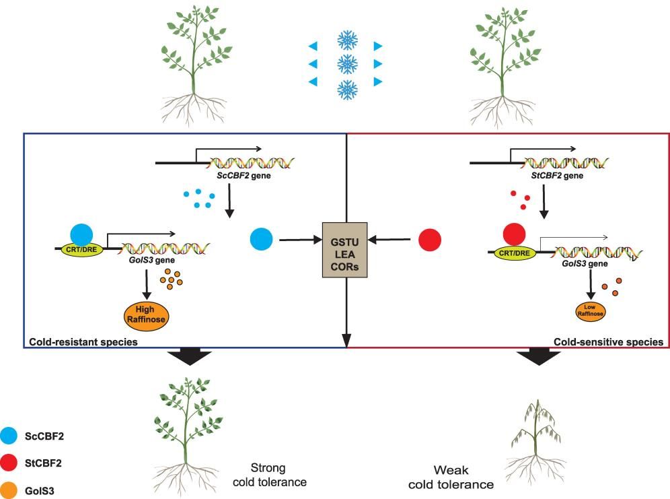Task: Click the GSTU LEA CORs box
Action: [346, 248]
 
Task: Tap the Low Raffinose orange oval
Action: [589, 310]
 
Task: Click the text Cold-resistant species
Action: [83, 342]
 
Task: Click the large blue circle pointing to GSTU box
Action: [261, 238]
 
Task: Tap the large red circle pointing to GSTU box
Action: [430, 239]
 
